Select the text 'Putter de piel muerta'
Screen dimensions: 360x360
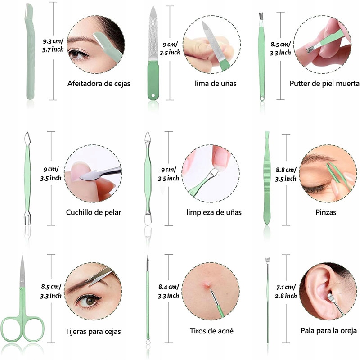pyautogui.click(x=324, y=83)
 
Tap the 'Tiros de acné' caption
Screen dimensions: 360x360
pyautogui.click(x=211, y=331)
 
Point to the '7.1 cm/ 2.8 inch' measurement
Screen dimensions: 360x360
pyautogui.click(x=286, y=292)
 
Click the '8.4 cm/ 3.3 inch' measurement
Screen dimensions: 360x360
pyautogui.click(x=169, y=291)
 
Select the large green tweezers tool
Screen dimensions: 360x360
pyautogui.click(x=267, y=180)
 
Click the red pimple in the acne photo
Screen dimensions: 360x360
pyautogui.click(x=207, y=283)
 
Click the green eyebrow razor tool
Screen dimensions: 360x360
pyautogui.click(x=29, y=49)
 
